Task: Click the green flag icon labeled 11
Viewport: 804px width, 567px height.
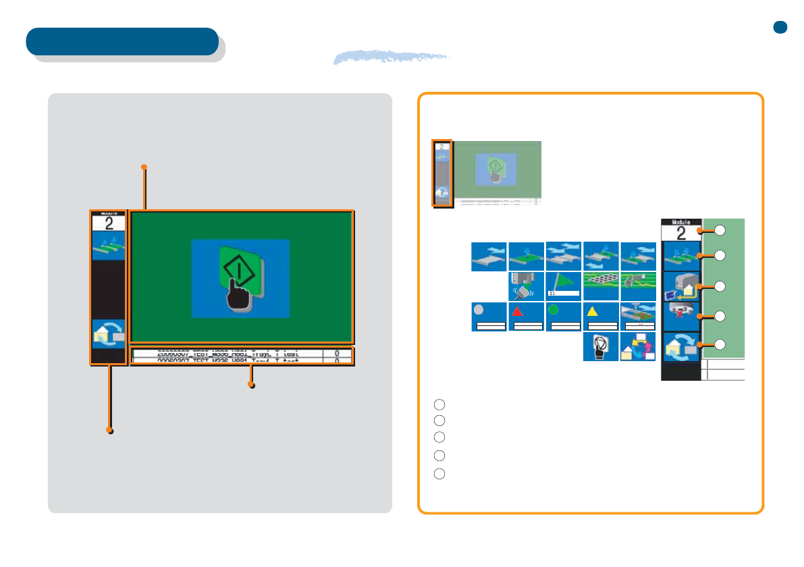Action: pos(563,286)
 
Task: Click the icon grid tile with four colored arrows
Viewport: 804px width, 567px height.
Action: pos(637,347)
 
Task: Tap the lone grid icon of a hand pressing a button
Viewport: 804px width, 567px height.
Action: pos(600,347)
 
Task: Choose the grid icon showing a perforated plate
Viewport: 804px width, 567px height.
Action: pos(600,286)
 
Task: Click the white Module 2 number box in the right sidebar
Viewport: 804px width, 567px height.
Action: pos(681,233)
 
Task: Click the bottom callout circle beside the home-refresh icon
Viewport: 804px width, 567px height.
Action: pos(720,345)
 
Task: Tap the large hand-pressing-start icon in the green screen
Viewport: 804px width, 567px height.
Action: pos(240,277)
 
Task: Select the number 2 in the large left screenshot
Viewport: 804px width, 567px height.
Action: pos(108,224)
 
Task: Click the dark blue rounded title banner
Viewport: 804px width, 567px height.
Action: pos(122,41)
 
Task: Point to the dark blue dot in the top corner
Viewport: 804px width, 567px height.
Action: pos(780,27)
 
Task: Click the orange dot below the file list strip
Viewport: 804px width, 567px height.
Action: pos(251,385)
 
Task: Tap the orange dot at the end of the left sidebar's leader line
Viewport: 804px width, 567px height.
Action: pos(109,430)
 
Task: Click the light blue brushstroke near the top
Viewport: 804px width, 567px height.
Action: pos(392,58)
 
